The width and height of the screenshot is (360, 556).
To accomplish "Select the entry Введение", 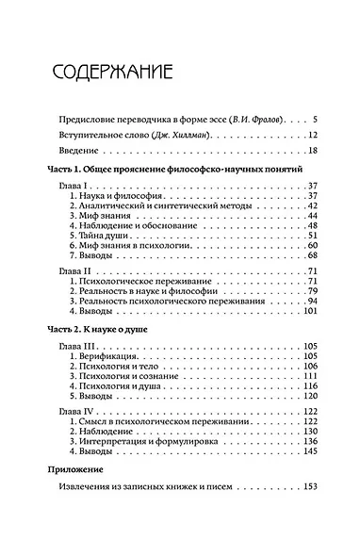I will [80, 151].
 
